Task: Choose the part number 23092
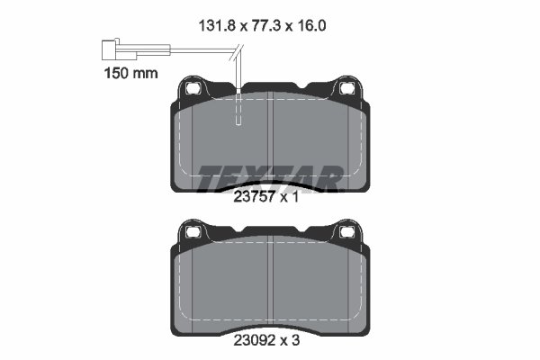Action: coord(253,342)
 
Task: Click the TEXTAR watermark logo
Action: coord(269,177)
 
